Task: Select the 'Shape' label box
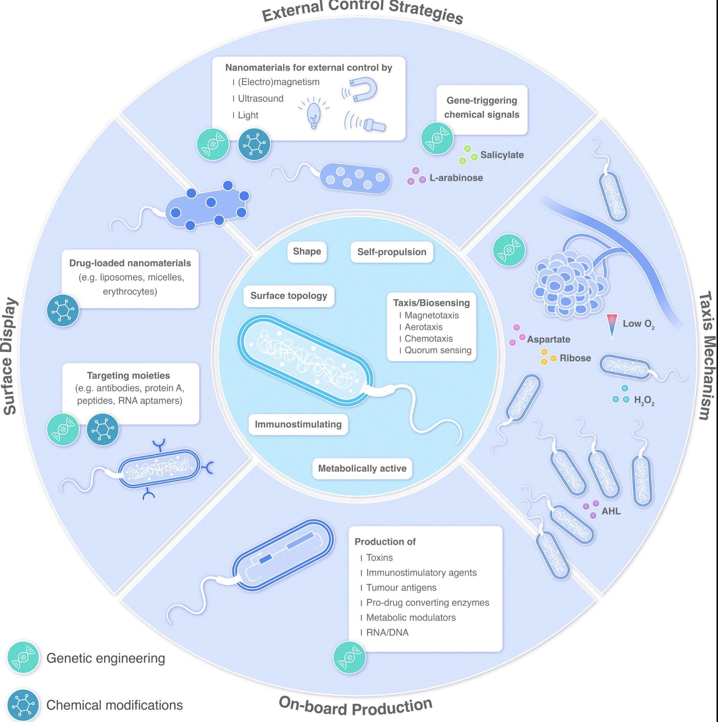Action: coord(307,252)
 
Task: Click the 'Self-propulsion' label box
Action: coord(392,252)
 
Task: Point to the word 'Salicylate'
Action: coord(502,155)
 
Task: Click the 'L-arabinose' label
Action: coord(456,178)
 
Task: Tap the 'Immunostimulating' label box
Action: coord(298,424)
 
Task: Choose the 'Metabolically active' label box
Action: coord(362,468)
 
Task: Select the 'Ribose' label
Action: coord(575,358)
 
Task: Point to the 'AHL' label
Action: coord(611,511)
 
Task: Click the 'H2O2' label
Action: coord(644,401)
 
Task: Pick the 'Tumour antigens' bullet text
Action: coord(401,587)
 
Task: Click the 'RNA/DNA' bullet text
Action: coord(387,632)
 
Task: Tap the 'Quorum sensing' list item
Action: coord(438,350)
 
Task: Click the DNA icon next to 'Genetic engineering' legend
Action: coord(23,658)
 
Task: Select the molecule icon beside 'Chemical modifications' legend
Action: coord(23,705)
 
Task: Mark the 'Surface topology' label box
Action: coord(289,296)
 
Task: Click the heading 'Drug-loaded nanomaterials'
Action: coord(130,263)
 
